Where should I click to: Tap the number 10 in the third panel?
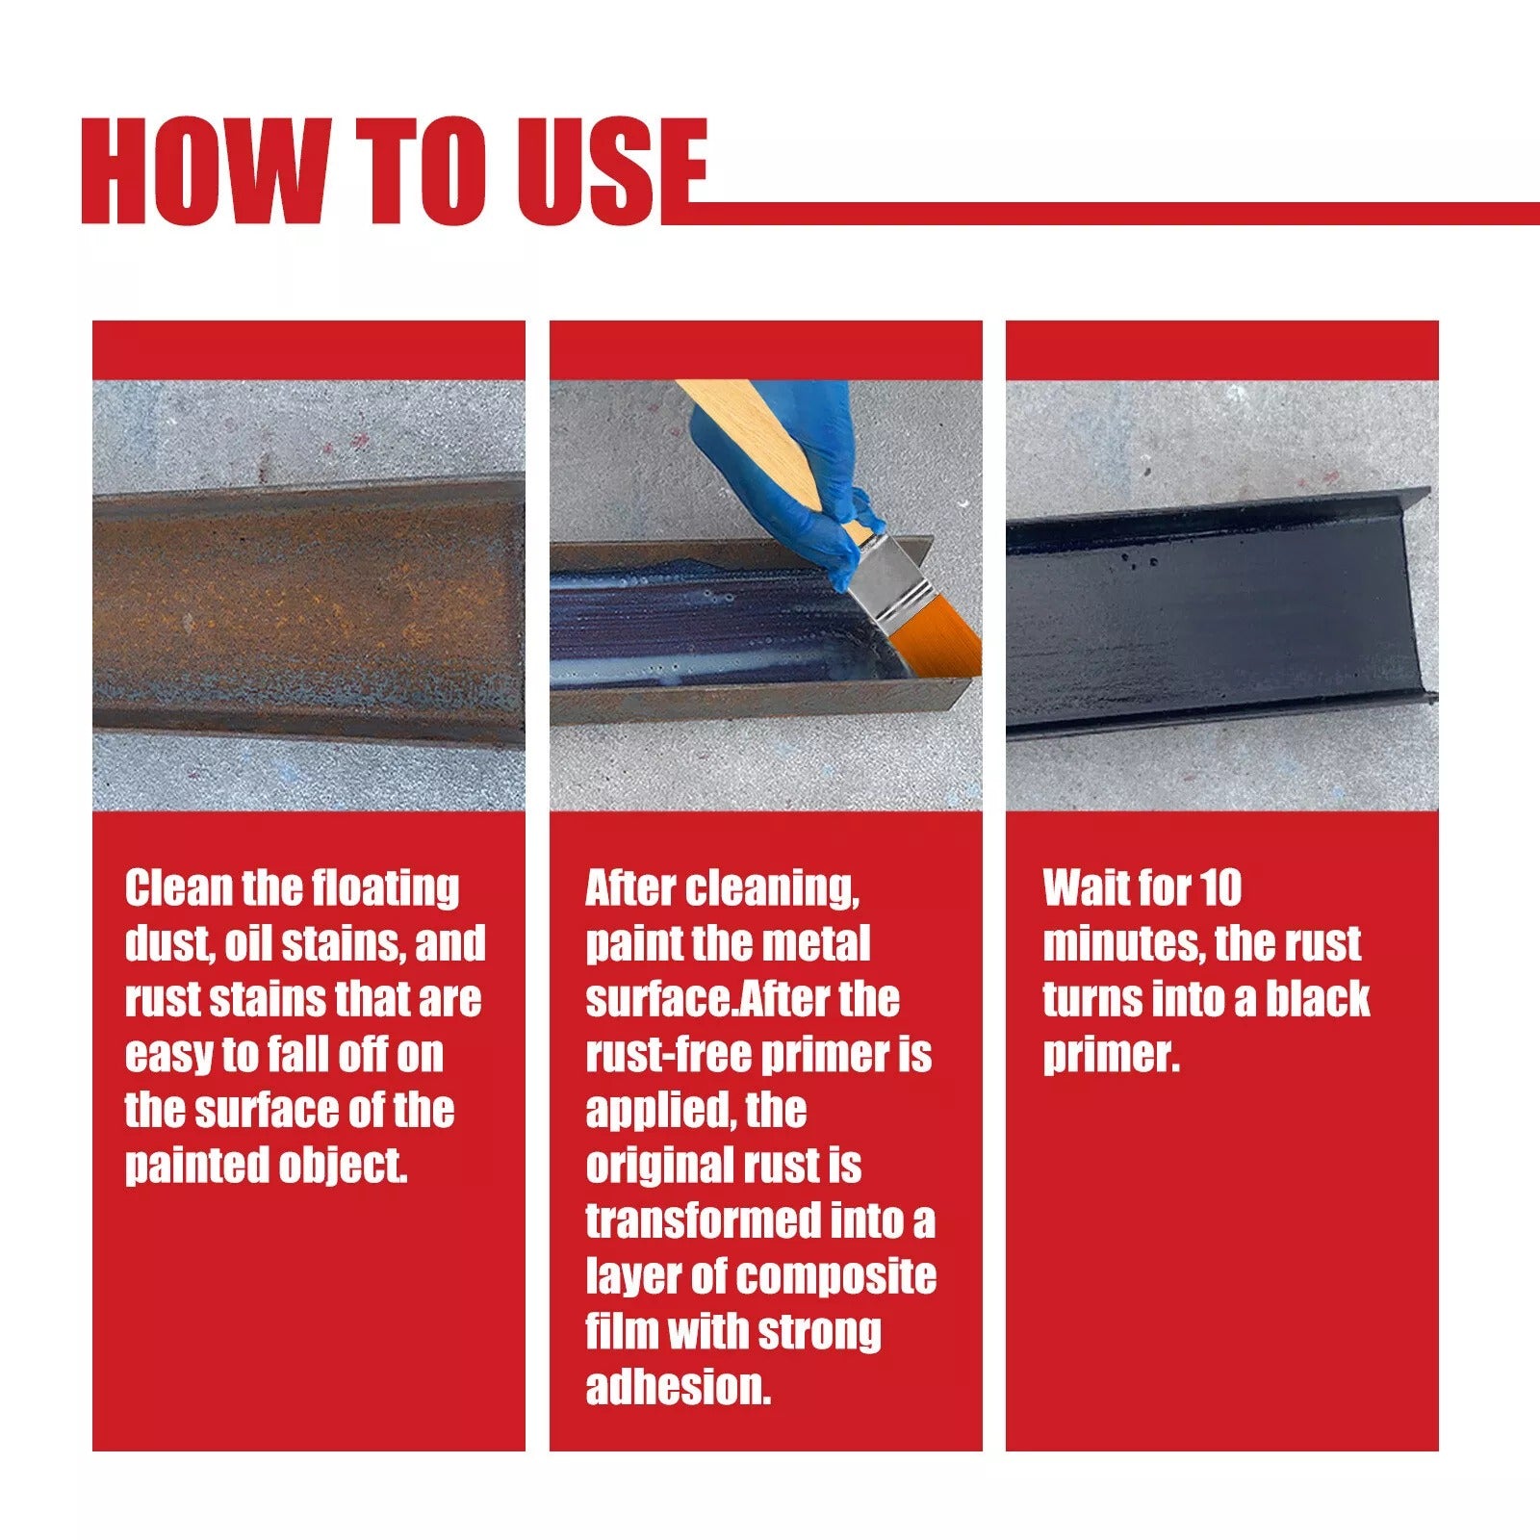tap(1220, 887)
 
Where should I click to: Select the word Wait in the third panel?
tap(1082, 887)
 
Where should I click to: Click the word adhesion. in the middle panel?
tap(679, 1387)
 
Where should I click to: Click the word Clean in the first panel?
tap(177, 887)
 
